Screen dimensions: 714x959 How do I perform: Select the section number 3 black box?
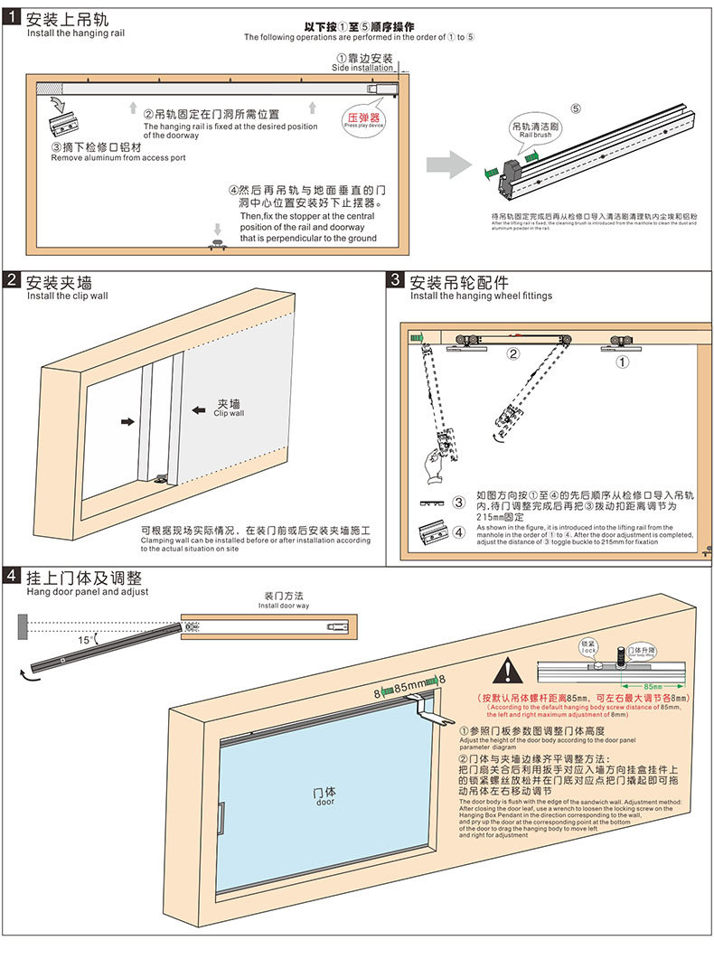(x=395, y=281)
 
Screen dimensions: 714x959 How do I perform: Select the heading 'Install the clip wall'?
(x=67, y=296)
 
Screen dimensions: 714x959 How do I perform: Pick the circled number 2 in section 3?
(x=512, y=353)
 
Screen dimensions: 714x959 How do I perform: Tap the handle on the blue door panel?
(x=221, y=816)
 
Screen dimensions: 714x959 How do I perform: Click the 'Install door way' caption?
(x=284, y=606)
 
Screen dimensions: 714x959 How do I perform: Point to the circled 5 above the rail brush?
(x=576, y=108)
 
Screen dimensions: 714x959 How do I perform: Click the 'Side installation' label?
(x=362, y=68)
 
